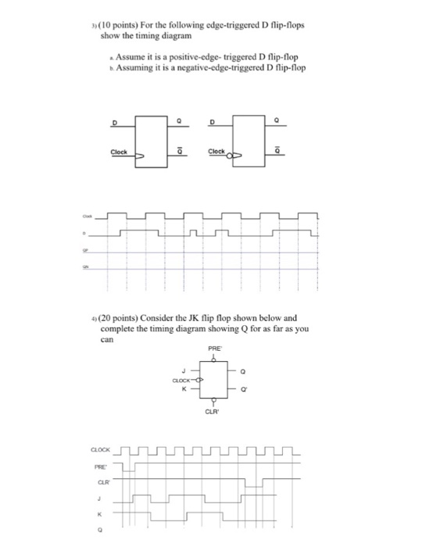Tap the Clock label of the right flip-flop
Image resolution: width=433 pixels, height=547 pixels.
click(216, 152)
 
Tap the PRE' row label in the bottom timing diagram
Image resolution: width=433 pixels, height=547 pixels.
click(100, 467)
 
